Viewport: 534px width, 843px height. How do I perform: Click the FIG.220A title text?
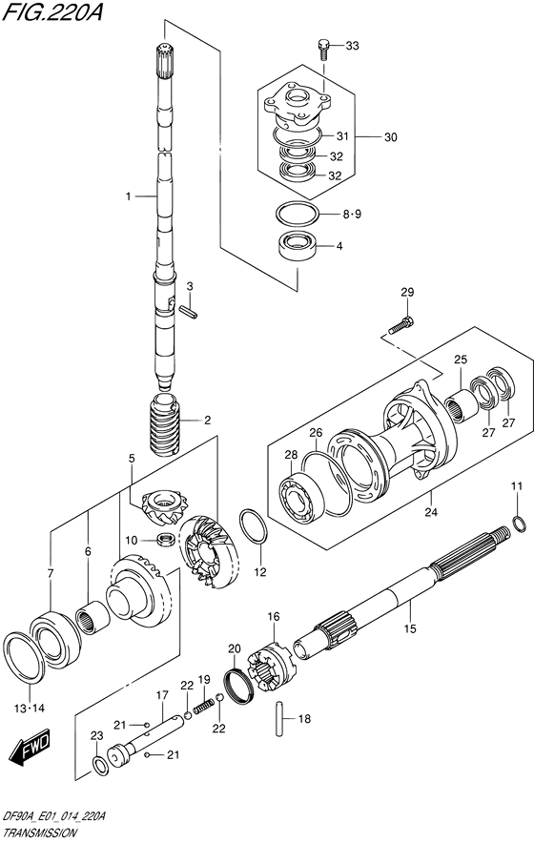(x=52, y=11)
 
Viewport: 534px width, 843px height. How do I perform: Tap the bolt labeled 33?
(x=323, y=49)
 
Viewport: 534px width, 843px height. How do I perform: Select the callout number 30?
(x=390, y=137)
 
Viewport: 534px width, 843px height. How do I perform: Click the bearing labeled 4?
(x=297, y=247)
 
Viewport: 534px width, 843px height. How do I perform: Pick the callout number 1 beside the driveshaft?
(x=128, y=196)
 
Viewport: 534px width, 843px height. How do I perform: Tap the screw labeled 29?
(x=401, y=326)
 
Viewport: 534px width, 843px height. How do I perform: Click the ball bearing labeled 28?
(x=300, y=496)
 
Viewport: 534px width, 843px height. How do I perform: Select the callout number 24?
(x=431, y=512)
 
